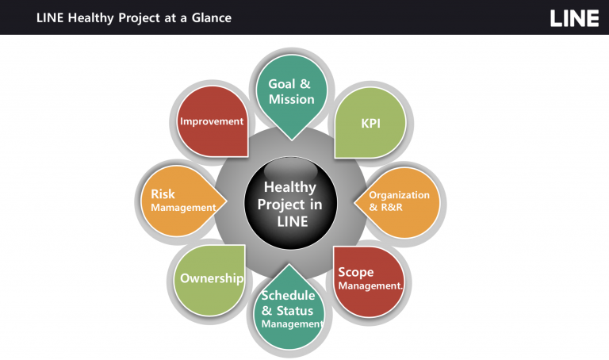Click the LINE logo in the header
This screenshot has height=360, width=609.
pyautogui.click(x=574, y=18)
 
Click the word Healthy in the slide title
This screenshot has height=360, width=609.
pyautogui.click(x=91, y=18)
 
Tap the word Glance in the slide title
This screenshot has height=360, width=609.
pyautogui.click(x=211, y=18)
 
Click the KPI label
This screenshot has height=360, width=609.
pyautogui.click(x=370, y=124)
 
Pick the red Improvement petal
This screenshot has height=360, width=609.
pyautogui.click(x=213, y=121)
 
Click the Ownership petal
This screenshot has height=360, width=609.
pyautogui.click(x=209, y=281)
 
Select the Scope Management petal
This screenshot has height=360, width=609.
pyautogui.click(x=370, y=281)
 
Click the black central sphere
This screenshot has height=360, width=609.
pyautogui.click(x=290, y=203)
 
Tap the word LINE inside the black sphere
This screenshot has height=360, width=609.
pyautogui.click(x=293, y=221)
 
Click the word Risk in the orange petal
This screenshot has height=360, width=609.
pyautogui.click(x=163, y=193)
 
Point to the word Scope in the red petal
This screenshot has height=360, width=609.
pyautogui.click(x=356, y=272)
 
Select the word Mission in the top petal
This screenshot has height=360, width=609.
pyautogui.click(x=292, y=99)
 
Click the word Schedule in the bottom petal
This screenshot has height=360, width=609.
pyautogui.click(x=288, y=296)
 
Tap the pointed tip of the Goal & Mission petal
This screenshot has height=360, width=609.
pyautogui.click(x=292, y=140)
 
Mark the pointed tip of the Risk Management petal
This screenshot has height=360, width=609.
pyautogui.click(x=227, y=201)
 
